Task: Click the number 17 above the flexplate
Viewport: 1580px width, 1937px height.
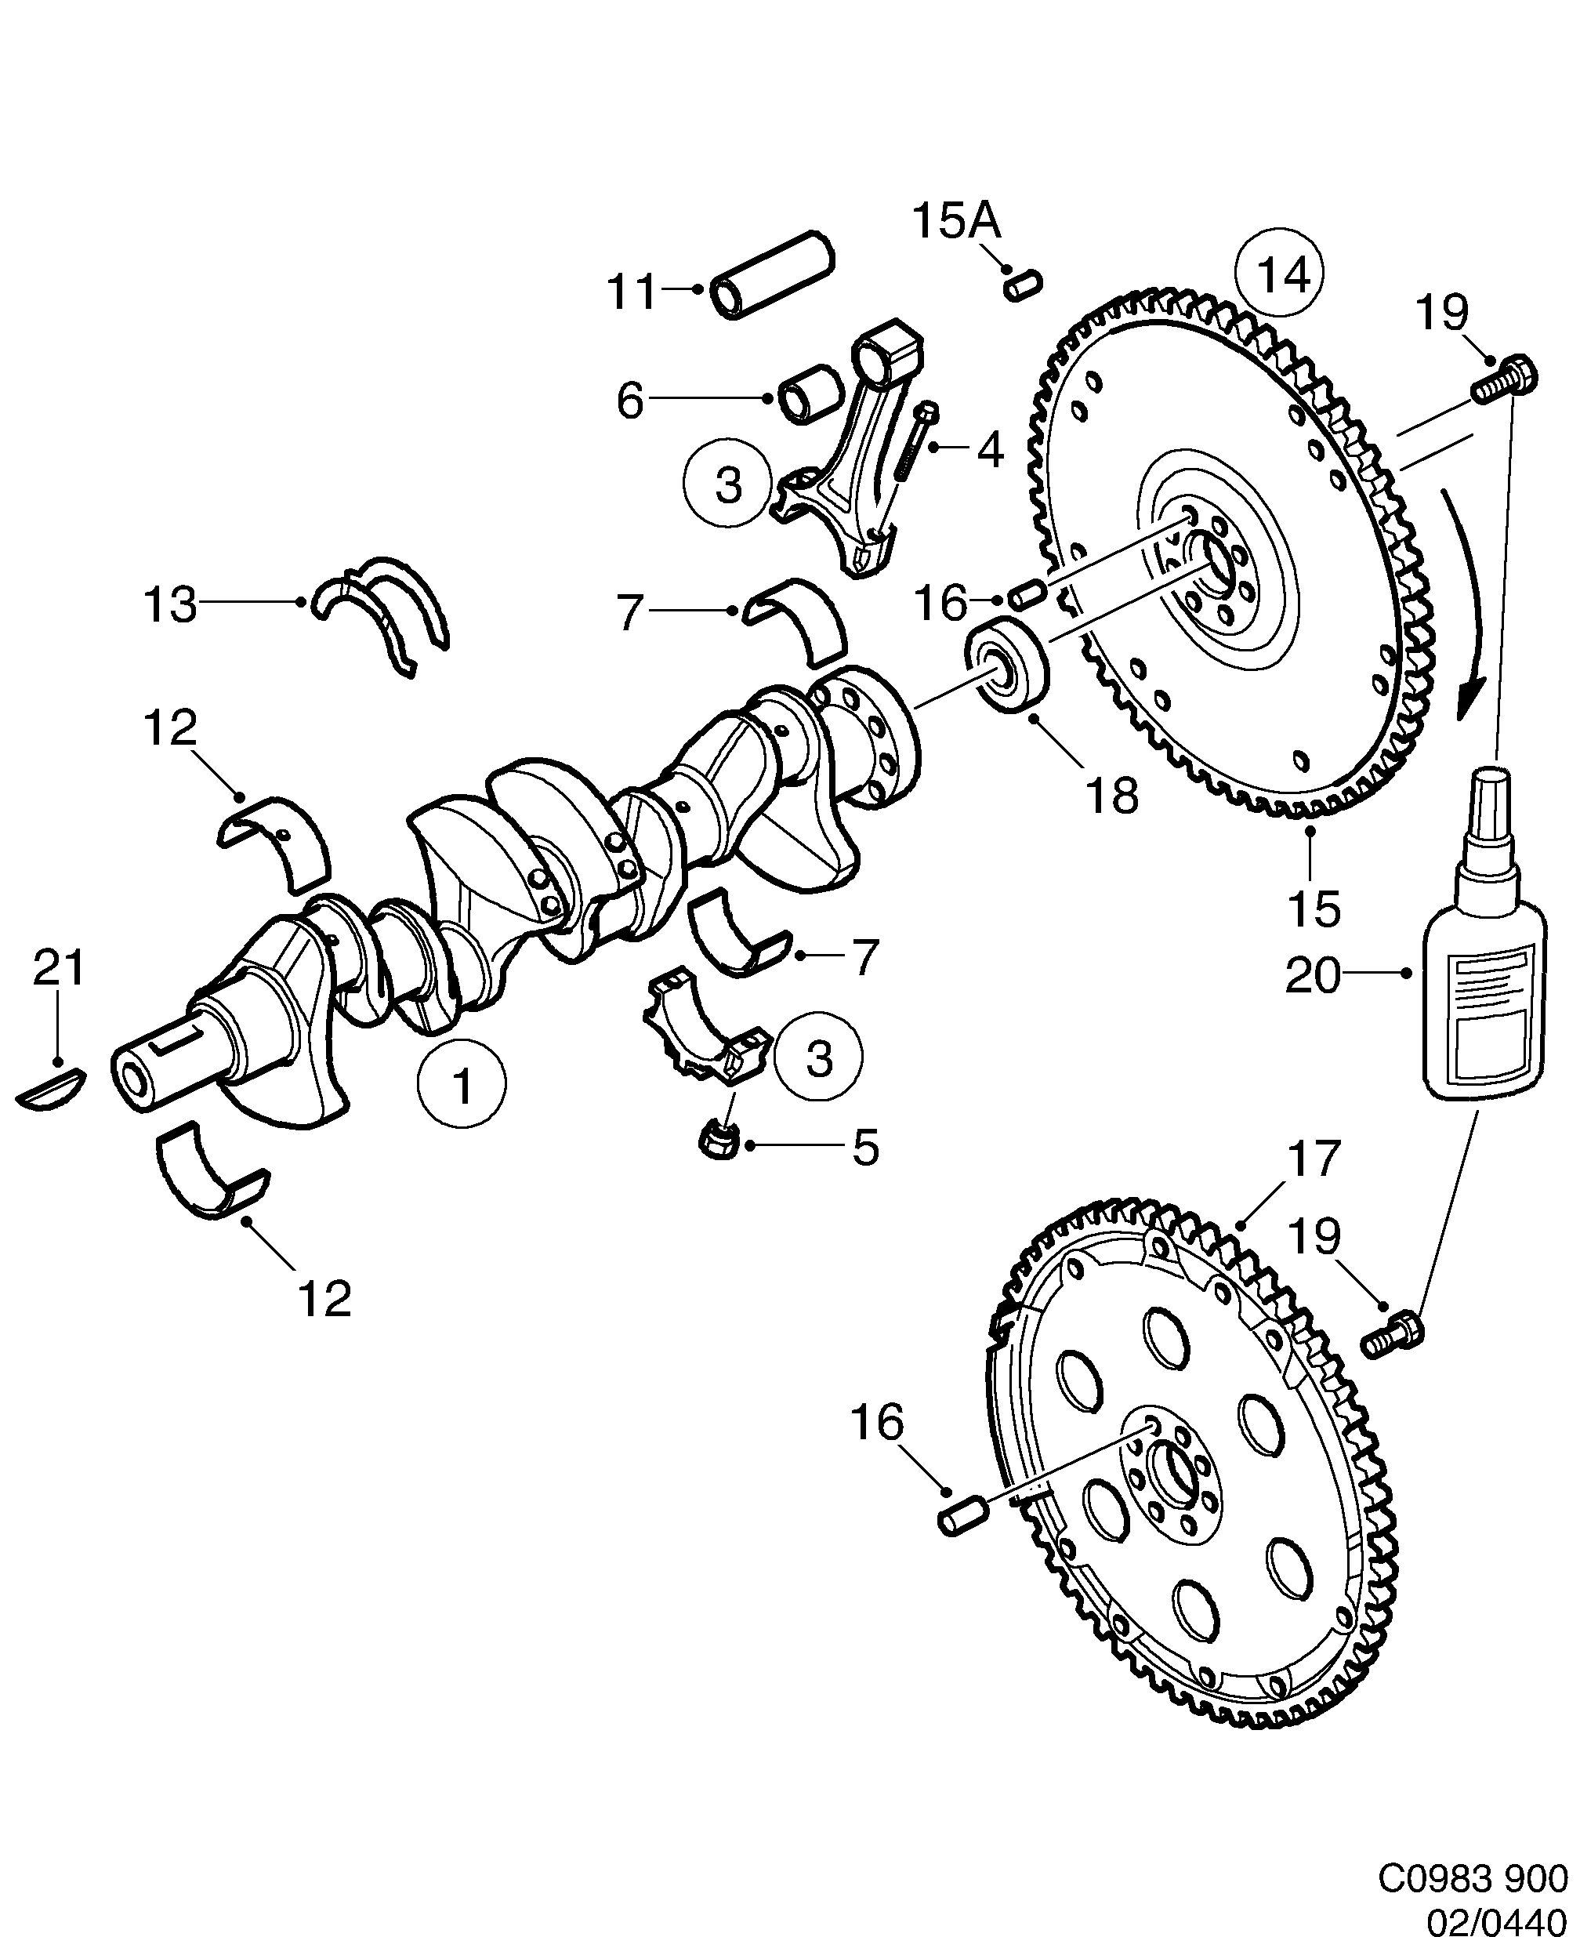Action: point(1314,1159)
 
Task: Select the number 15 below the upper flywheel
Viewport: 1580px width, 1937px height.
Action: point(1314,908)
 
